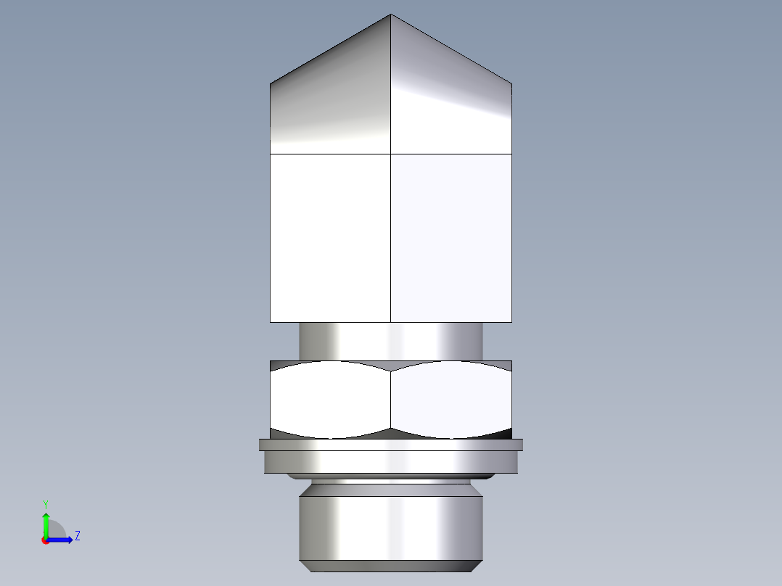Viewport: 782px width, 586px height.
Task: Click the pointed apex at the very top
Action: [391, 15]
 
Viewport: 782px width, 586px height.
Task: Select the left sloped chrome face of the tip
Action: [330, 102]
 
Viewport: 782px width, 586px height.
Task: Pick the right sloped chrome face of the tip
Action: [451, 102]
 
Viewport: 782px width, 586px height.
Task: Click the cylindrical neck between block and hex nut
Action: [391, 341]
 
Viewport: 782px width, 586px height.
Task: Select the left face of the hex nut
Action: [330, 400]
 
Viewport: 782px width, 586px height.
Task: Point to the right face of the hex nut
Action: [451, 400]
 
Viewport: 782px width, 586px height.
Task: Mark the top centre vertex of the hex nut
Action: [391, 371]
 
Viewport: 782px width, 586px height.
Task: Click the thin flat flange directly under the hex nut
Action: [391, 445]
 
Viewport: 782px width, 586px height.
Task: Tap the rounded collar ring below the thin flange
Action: [391, 462]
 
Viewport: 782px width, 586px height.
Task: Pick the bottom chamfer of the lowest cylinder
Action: [391, 566]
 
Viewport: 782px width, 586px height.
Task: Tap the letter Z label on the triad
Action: [77, 536]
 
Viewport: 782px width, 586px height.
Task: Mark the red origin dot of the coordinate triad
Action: [45, 540]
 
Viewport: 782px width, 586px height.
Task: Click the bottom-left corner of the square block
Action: [271, 321]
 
